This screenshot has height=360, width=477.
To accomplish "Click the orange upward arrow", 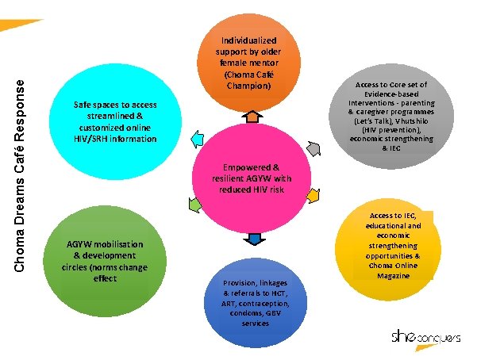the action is tap(250, 117).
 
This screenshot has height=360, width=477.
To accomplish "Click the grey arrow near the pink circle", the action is tap(314, 148).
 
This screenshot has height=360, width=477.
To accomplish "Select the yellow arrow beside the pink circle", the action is tap(313, 194).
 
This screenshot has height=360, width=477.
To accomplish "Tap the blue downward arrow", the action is tap(254, 239).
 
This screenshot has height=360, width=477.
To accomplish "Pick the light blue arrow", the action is tap(196, 134).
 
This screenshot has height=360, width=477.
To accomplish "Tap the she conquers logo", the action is tap(427, 338).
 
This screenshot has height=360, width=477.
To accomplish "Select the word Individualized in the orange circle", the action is tap(249, 40).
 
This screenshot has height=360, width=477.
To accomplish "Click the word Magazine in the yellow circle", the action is tap(394, 276).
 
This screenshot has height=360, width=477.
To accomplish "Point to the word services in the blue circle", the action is tap(255, 323).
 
